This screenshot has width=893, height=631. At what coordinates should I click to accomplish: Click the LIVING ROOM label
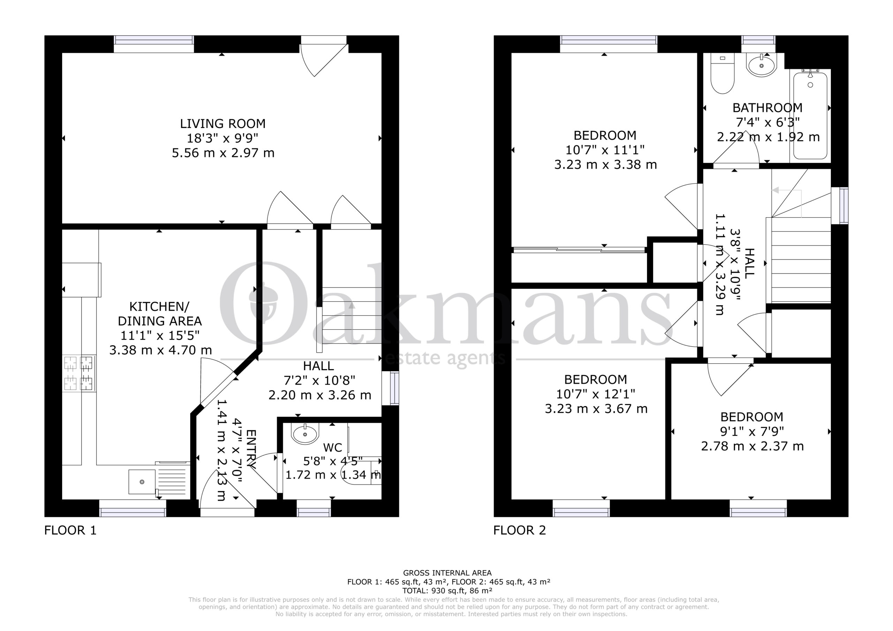(223, 124)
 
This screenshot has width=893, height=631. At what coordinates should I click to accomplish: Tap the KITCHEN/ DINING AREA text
(159, 314)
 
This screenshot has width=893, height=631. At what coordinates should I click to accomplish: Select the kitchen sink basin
(142, 482)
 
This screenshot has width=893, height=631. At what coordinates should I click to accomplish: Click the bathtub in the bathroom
(810, 115)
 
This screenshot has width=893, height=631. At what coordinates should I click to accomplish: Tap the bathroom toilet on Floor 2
(722, 73)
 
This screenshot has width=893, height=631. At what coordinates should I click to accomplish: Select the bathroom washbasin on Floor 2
(761, 65)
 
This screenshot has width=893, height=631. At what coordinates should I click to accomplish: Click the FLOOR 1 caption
(70, 530)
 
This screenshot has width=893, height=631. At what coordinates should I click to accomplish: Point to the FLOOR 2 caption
(520, 530)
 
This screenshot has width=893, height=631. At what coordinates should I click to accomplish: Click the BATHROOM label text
(767, 107)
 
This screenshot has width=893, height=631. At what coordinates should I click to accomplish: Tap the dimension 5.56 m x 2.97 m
(223, 153)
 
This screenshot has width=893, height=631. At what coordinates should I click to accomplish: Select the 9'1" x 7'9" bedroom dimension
(752, 431)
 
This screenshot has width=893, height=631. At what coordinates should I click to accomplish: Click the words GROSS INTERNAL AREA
(447, 573)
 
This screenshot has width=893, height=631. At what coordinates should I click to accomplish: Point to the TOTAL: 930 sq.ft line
(448, 591)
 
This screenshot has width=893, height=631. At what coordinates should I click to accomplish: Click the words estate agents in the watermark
(444, 358)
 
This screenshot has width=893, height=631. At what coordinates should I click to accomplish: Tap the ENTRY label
(251, 449)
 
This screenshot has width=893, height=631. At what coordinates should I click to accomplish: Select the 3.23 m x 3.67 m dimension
(596, 409)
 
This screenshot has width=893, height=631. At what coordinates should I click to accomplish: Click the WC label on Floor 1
(332, 448)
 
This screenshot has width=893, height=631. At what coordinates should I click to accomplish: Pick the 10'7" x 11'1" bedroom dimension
(605, 150)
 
